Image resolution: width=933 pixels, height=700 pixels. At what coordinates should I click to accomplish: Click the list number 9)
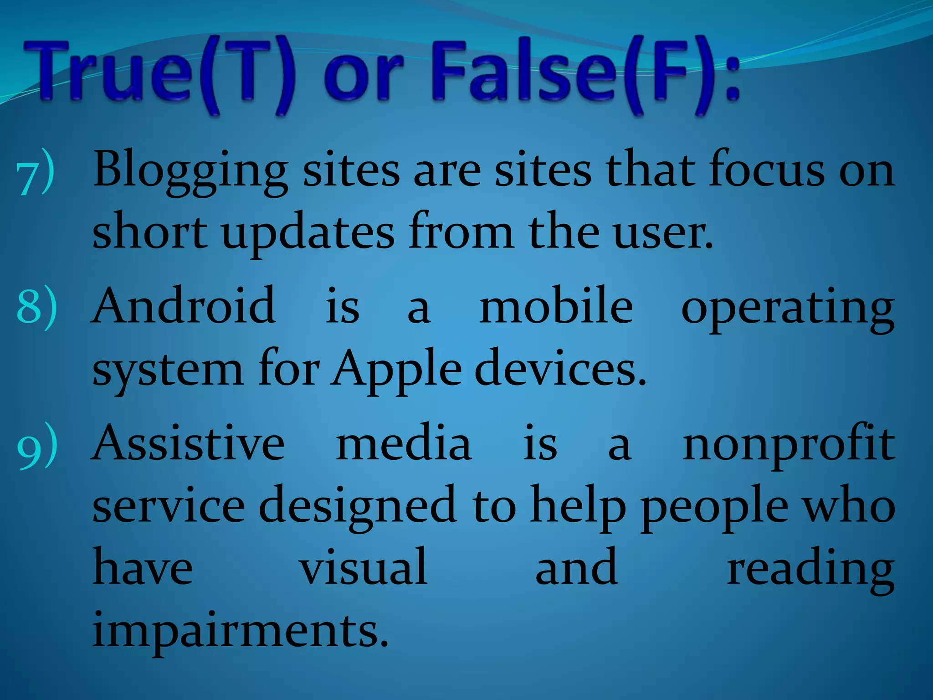(37, 445)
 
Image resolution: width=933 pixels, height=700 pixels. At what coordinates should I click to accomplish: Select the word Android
(184, 305)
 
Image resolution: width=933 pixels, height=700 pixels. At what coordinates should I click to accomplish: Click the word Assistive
(189, 443)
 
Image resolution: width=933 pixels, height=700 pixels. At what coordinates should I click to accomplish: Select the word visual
(363, 567)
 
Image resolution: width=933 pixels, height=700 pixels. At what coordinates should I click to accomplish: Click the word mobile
(556, 305)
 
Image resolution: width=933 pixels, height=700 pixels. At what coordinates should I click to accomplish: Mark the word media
(404, 443)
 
